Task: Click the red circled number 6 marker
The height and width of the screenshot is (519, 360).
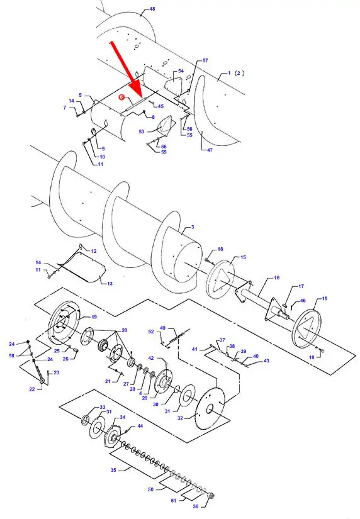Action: point(121,97)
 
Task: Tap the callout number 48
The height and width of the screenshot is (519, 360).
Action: point(152,9)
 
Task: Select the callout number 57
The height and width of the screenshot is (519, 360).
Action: point(205,60)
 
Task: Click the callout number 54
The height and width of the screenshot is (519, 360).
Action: point(181,71)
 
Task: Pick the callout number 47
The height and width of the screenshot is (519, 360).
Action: point(210,150)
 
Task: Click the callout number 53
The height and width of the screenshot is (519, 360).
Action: point(142,131)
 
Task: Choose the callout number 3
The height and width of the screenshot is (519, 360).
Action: point(193,227)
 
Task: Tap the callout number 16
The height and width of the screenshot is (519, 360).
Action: point(277,277)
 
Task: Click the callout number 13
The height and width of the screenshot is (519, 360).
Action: point(110,283)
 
